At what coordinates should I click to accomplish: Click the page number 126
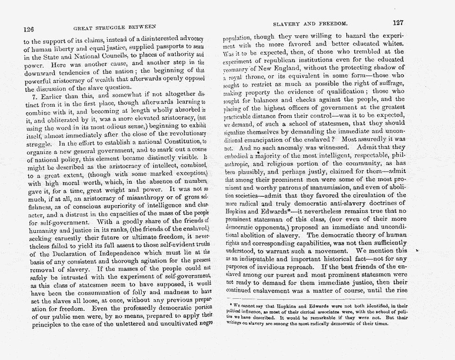[x=28, y=29]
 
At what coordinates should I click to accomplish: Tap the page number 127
[x=398, y=22]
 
